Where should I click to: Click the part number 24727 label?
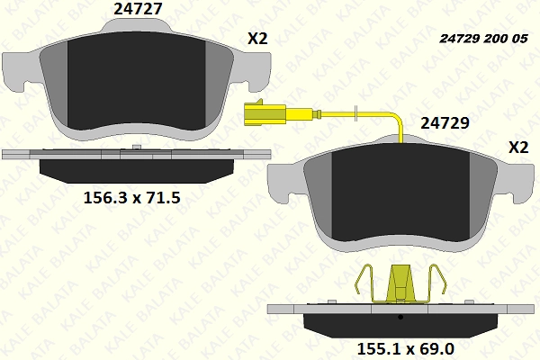pyautogui.click(x=138, y=9)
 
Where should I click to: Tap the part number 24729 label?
pyautogui.click(x=445, y=122)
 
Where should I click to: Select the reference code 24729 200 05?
pyautogui.click(x=483, y=39)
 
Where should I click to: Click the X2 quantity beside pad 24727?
pyautogui.click(x=257, y=39)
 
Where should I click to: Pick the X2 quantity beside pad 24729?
pyautogui.click(x=518, y=148)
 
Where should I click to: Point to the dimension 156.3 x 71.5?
pyautogui.click(x=132, y=198)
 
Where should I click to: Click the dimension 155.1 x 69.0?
pyautogui.click(x=406, y=349)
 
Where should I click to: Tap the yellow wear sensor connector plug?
pyautogui.click(x=265, y=113)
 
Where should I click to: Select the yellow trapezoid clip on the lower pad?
pyautogui.click(x=400, y=283)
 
